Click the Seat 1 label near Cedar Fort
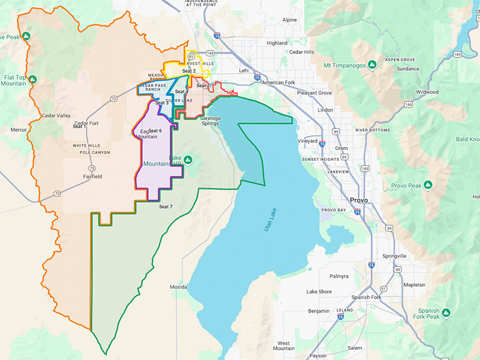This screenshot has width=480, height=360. (79, 127)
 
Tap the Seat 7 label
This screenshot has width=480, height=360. (166, 206)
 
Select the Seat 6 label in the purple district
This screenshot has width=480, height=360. (155, 131)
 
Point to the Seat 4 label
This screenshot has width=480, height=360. (182, 92)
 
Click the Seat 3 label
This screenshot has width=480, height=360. (162, 103)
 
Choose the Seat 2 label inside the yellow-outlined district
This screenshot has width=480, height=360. (189, 71)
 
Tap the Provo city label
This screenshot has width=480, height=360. (359, 200)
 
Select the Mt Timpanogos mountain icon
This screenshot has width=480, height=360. (372, 64)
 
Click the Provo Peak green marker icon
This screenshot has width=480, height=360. (428, 184)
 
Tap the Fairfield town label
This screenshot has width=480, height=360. (92, 176)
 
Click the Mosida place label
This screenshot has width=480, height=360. (178, 287)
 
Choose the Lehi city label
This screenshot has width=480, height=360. (244, 70)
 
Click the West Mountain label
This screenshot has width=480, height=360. (284, 346)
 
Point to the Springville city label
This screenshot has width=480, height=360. (394, 256)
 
